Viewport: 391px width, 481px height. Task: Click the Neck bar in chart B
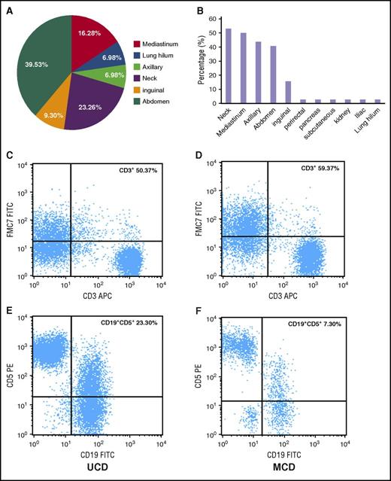point(228,66)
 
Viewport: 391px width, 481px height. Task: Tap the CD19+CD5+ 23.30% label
point(129,324)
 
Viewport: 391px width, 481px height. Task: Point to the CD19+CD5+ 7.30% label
point(314,324)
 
